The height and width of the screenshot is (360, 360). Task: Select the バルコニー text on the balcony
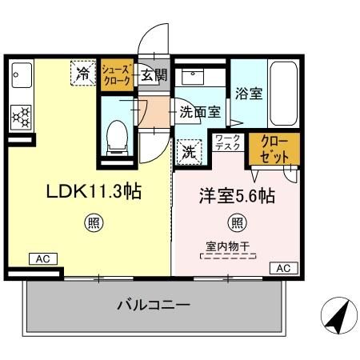click(x=153, y=305)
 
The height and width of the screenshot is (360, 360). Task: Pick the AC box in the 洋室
click(x=282, y=268)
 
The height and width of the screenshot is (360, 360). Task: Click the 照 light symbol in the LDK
click(x=94, y=223)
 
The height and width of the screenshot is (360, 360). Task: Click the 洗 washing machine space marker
click(x=189, y=150)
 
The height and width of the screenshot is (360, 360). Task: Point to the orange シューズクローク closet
click(x=117, y=76)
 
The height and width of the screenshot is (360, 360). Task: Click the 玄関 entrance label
click(x=154, y=75)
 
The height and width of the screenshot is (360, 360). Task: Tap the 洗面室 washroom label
click(x=199, y=112)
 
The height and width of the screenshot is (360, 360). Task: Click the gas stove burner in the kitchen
click(x=20, y=118)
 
